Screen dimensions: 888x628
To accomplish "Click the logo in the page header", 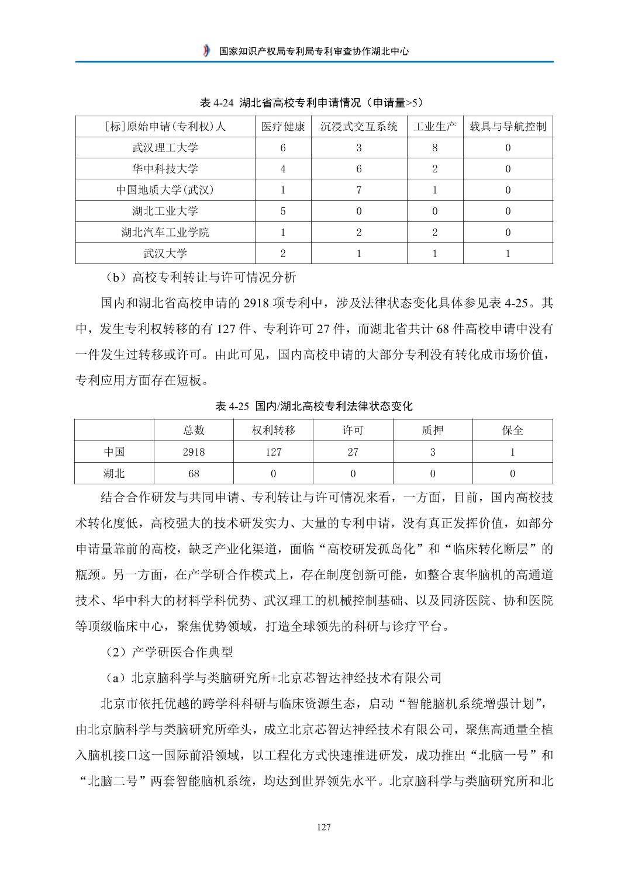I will pos(206,51).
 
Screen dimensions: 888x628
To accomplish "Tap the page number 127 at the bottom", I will pos(323,827).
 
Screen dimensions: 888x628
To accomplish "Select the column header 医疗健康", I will pos(283,127).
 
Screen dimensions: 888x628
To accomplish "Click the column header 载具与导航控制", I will pos(508,127).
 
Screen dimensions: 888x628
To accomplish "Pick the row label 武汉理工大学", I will pos(165,148).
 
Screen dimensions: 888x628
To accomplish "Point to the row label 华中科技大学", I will pos(165,169).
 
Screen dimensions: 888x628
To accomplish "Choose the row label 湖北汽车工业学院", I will pos(165,233).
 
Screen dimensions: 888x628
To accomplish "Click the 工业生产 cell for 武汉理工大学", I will pos(434,148).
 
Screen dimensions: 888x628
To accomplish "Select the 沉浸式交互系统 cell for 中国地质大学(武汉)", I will pos(359,190).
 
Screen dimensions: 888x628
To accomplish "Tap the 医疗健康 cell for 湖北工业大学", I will pos(283,211).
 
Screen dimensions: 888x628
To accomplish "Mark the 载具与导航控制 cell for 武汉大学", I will pos(508,254).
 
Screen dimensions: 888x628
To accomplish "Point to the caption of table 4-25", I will pos(314,406).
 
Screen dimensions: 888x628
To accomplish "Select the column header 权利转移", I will pos(273,431).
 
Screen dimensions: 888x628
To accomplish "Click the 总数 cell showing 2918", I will pos(194,452).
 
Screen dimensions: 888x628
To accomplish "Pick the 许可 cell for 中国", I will pos(353,452).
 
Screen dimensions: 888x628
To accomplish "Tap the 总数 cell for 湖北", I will pos(194,473).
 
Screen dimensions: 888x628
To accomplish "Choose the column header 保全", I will pos(513,431).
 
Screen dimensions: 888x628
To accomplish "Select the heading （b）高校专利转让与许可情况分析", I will pos(199,276).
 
